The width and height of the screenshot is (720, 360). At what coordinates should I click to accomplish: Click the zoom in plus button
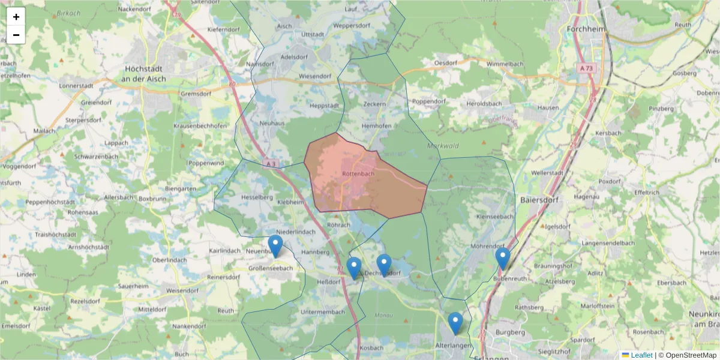point(16,17)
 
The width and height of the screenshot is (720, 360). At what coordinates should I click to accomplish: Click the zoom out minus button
point(16,35)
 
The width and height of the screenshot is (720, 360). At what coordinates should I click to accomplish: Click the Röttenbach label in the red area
point(358,173)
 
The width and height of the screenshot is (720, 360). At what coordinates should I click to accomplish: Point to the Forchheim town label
point(586,28)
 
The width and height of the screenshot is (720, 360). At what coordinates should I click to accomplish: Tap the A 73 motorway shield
point(586,69)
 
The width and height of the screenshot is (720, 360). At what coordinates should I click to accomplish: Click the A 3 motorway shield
point(271,163)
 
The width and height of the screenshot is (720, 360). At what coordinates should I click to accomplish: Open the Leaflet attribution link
point(641,355)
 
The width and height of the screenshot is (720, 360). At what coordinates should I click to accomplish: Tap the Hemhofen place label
point(377,125)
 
